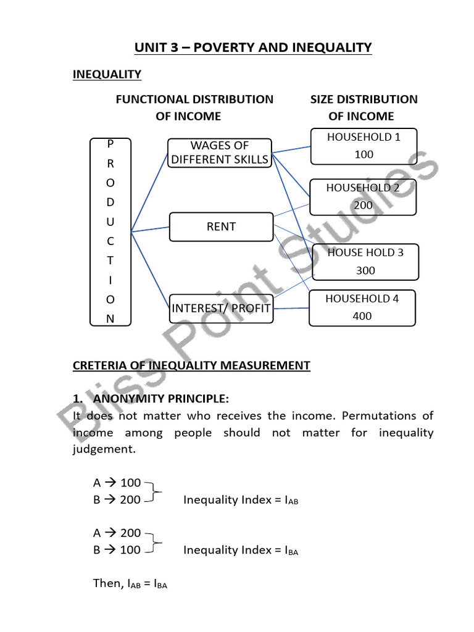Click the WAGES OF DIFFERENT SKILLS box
coord(220,152)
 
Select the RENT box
coord(221,227)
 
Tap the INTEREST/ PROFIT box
coord(221,307)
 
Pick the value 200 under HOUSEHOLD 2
coord(364,206)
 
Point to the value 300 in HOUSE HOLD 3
coord(365,270)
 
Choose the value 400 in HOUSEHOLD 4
coord(363,316)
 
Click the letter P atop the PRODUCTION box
coord(110,144)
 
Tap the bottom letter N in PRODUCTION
coord(110,319)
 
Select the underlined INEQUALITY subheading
coord(107,75)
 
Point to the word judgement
coord(102,450)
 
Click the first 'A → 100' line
coord(117,482)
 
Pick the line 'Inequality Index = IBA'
coord(241,550)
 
